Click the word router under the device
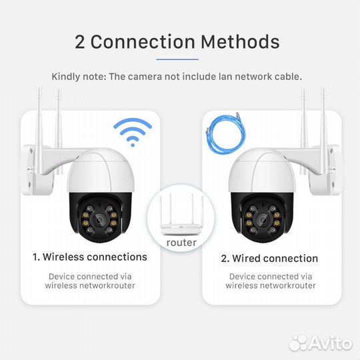[x=181, y=243]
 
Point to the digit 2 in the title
[x=80, y=42]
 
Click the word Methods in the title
[x=238, y=42]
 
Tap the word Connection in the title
[x=141, y=42]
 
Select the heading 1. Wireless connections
[x=90, y=257]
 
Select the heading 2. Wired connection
[x=270, y=258]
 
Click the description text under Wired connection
[x=270, y=281]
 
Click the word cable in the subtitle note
[x=289, y=76]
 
